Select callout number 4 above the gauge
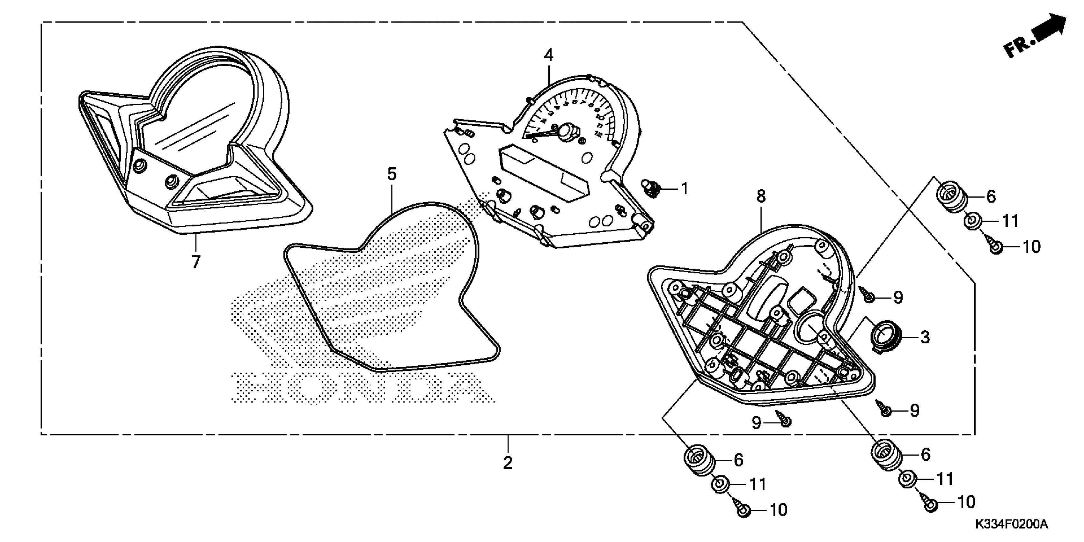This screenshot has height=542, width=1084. click(548, 55)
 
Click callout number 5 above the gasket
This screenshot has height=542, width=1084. click(392, 174)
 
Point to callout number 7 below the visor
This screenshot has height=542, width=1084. click(196, 262)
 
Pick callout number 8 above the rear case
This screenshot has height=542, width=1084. click(761, 196)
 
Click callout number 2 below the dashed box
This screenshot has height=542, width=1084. click(508, 463)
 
